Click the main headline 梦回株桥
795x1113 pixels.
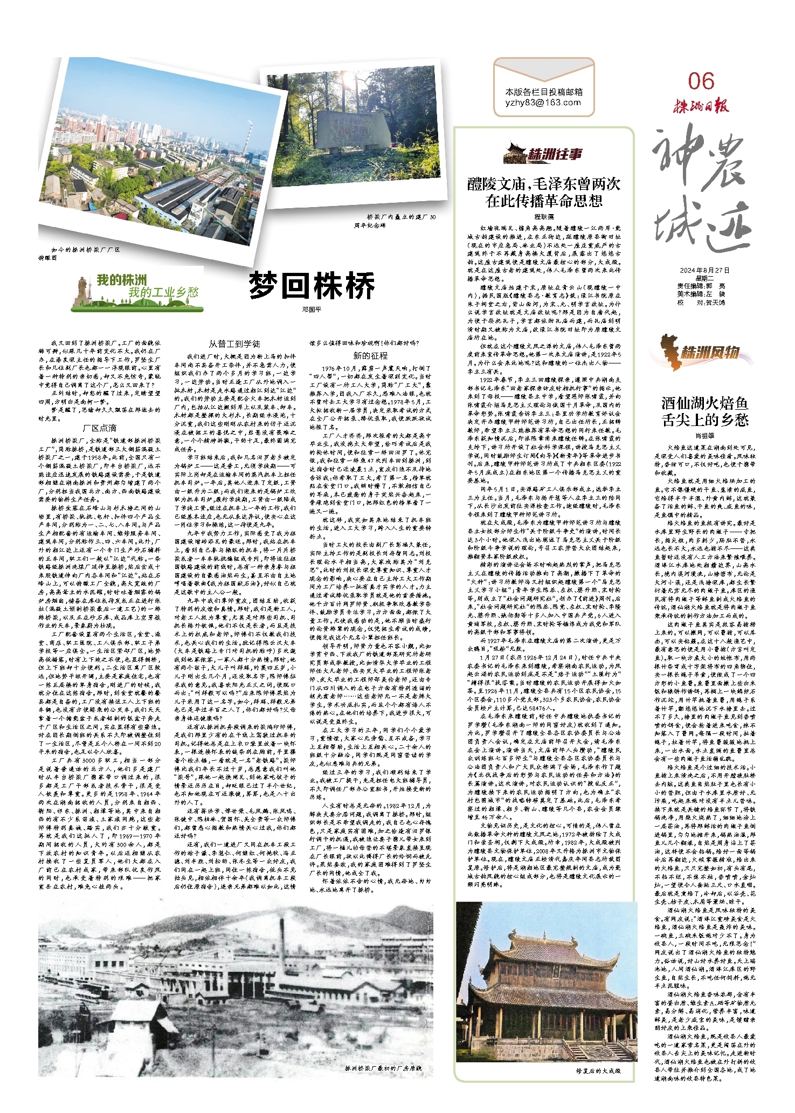[x=312, y=286]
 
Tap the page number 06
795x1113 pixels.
[x=701, y=81]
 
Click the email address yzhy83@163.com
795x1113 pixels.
[x=543, y=102]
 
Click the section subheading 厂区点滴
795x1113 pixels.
[x=100, y=428]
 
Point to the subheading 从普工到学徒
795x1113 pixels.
[x=234, y=343]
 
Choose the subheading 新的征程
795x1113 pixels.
[x=370, y=355]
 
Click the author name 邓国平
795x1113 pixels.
[x=312, y=310]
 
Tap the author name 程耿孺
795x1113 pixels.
[x=544, y=216]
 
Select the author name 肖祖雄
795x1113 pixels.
[x=704, y=435]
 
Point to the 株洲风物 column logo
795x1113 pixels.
[x=701, y=353]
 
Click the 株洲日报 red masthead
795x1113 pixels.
[x=700, y=106]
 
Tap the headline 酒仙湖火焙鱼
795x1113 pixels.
[x=704, y=403]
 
